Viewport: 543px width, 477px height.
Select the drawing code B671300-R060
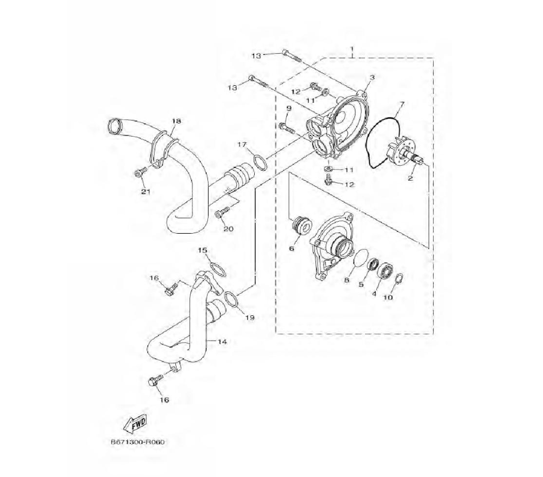pyautogui.click(x=137, y=442)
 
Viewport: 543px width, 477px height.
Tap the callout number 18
pyautogui.click(x=176, y=121)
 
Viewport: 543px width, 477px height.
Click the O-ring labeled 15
pyautogui.click(x=218, y=269)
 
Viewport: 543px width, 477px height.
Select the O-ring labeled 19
pyautogui.click(x=231, y=299)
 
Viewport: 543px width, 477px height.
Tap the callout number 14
pyautogui.click(x=222, y=341)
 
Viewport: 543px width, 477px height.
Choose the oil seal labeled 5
pyautogui.click(x=372, y=265)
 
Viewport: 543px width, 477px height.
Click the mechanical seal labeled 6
pyautogui.click(x=301, y=225)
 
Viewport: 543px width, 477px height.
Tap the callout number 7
pyautogui.click(x=402, y=104)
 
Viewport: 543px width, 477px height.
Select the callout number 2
pyautogui.click(x=411, y=178)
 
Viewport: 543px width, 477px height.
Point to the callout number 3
pyautogui.click(x=372, y=78)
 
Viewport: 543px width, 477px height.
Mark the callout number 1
pyautogui.click(x=352, y=49)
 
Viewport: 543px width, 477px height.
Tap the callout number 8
pyautogui.click(x=346, y=280)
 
